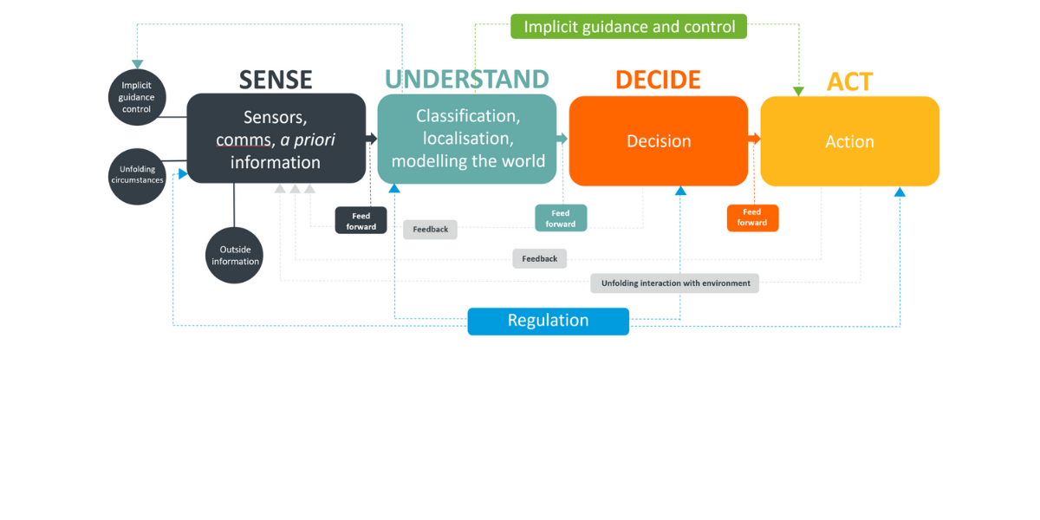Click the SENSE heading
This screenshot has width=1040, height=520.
pos(276,80)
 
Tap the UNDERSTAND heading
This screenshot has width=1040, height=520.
pos(467,80)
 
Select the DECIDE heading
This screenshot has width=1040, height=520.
pos(658,80)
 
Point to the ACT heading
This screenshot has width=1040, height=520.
pos(849,81)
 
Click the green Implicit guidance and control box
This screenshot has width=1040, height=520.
pos(629,27)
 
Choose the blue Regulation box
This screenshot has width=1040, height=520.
pos(548,321)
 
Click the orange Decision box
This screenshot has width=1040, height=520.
pos(659,141)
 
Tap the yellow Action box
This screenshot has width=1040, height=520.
pos(849,141)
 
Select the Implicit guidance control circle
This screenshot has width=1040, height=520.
pos(137,97)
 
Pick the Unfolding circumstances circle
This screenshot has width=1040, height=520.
pos(137,176)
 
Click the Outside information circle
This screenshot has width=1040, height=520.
pos(235,256)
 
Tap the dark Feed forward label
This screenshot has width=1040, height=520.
pos(361,221)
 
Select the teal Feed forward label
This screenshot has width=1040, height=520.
pos(560,218)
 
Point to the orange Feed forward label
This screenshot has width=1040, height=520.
pos(752,218)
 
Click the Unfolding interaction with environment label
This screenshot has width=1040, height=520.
pos(674,283)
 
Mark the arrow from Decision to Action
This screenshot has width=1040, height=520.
pos(754,139)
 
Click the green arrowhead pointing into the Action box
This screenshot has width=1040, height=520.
pos(799,90)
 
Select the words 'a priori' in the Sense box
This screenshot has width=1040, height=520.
pos(307,140)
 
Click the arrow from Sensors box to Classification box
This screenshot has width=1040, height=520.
pos(372,139)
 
